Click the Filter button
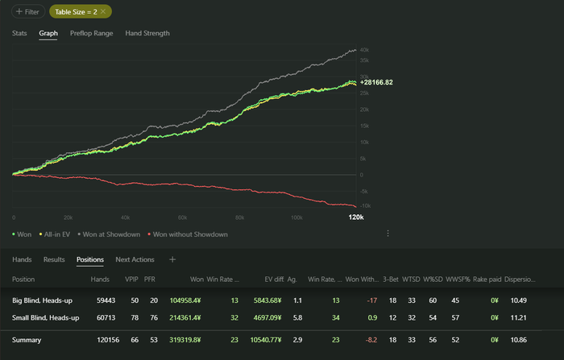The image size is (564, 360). tap(28, 11)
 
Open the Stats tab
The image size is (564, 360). tap(19, 34)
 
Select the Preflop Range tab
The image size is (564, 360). tap(91, 34)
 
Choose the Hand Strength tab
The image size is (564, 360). tap(147, 34)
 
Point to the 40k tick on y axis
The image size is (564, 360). tap(364, 50)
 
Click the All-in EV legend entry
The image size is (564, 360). tap(55, 234)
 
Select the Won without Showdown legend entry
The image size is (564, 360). tap(189, 234)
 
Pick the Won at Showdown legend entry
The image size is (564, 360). tap(111, 234)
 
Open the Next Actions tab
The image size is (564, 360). tap(135, 260)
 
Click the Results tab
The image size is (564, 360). tap(54, 260)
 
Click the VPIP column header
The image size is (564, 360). tap(131, 279)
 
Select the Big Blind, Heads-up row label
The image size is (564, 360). tap(46, 300)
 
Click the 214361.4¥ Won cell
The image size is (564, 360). tap(185, 317)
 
